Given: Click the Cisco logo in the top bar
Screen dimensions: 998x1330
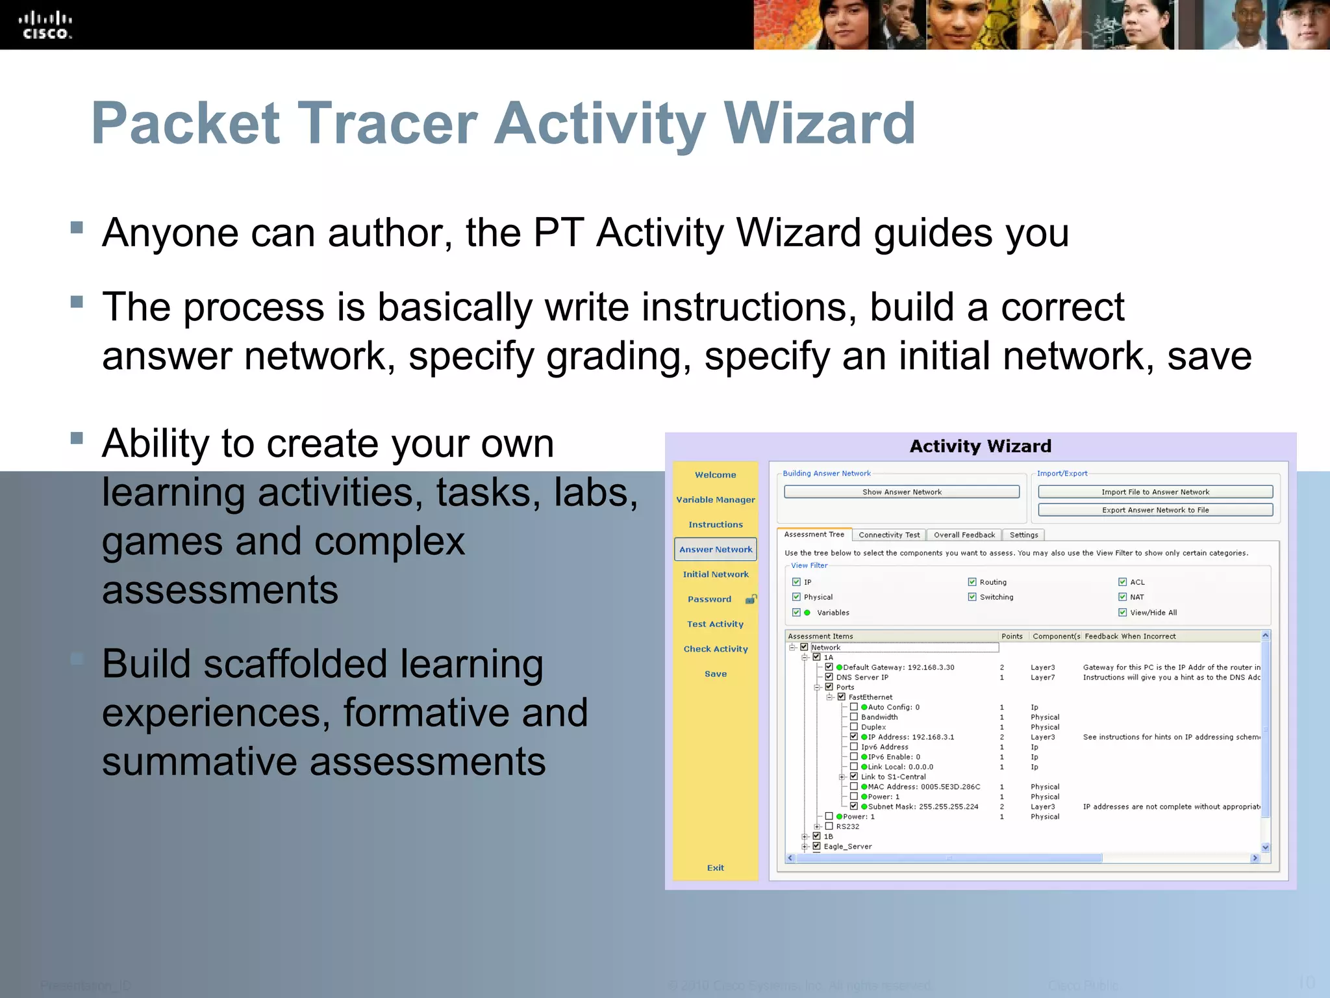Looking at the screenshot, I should [45, 25].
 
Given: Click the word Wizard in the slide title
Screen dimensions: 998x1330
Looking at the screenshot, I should [819, 123].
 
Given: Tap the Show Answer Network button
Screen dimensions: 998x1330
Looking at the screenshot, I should [901, 492].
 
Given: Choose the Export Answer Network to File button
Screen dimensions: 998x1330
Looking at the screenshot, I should [1155, 510].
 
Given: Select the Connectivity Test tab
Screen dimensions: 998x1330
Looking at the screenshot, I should [888, 535].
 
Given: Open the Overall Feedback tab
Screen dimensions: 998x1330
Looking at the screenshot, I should [964, 535].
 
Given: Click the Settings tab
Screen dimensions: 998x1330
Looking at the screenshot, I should [1023, 535].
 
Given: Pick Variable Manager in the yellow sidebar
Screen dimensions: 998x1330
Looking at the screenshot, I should [715, 500].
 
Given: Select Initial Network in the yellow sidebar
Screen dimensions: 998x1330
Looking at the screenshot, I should [715, 574].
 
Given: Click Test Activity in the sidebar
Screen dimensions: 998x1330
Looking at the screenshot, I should [715, 624].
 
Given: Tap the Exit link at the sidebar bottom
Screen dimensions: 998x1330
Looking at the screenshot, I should [715, 867].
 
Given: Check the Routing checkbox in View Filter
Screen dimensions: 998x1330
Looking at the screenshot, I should [972, 582].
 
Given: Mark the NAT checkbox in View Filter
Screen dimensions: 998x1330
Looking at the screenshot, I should [1122, 597].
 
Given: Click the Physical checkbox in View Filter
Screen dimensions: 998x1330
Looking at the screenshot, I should [796, 597].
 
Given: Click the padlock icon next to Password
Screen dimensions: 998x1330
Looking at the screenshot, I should [751, 599].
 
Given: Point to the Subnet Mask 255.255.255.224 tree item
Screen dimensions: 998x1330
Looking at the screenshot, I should [922, 806].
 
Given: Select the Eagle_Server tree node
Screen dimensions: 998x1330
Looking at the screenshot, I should [847, 847].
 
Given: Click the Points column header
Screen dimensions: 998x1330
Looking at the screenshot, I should [1012, 636].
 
